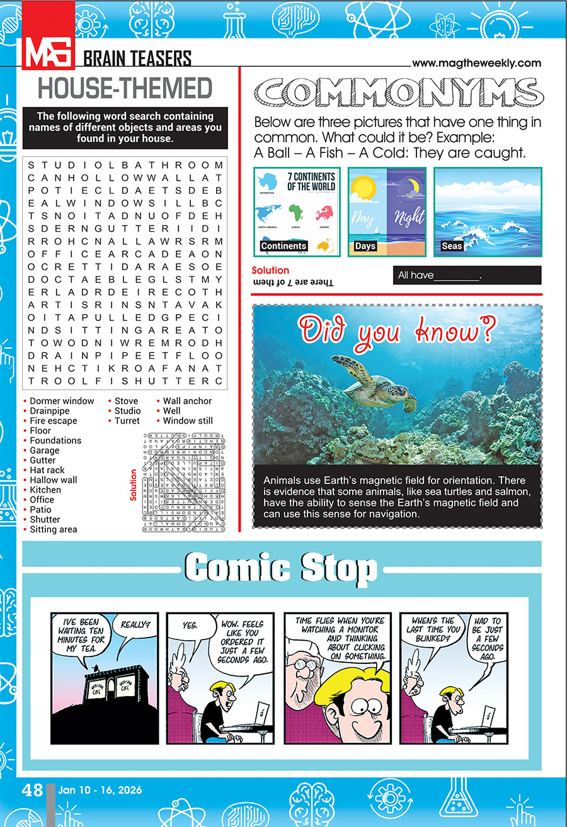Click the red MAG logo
click(49, 50)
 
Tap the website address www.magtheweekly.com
click(476, 63)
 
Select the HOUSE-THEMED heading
click(125, 89)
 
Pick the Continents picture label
click(283, 246)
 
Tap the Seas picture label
click(452, 246)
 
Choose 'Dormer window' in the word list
click(62, 401)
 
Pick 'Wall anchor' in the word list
click(187, 401)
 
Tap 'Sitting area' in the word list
click(54, 529)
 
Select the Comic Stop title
click(281, 568)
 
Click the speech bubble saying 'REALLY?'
click(135, 626)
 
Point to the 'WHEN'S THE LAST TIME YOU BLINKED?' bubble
click(432, 629)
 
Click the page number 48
click(33, 790)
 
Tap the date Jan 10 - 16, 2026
click(100, 790)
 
